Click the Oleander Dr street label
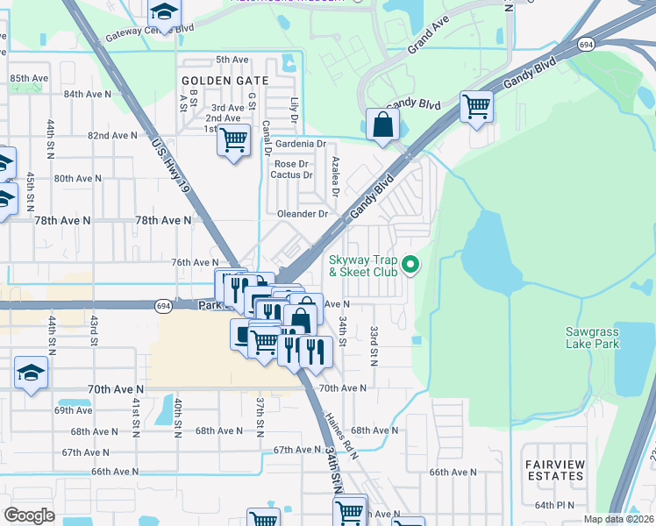[302, 214]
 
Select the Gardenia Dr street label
[300, 144]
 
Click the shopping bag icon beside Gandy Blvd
[382, 124]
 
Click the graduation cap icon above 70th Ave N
[31, 373]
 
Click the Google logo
[29, 515]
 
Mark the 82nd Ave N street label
[111, 136]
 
